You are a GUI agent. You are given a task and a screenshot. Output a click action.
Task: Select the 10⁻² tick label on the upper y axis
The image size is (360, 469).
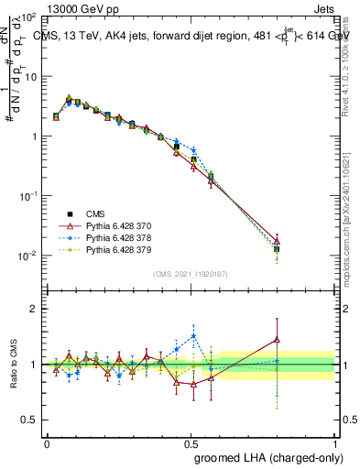(29, 256)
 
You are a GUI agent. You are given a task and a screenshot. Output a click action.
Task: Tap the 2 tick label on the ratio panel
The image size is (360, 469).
(35, 309)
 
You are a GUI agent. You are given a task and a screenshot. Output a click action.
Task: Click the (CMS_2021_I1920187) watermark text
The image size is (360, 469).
(191, 274)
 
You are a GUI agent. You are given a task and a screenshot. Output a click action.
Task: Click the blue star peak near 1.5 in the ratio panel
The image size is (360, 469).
(193, 335)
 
